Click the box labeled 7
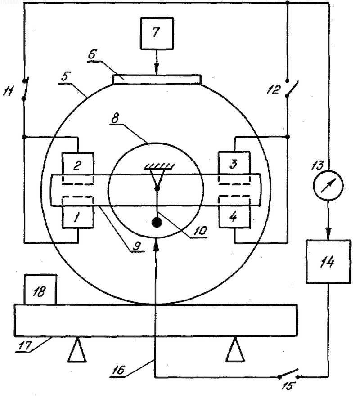tap(157, 33)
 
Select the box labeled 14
tap(328, 261)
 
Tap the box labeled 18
tap(40, 289)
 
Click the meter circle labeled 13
tap(328, 186)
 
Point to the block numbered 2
tap(78, 163)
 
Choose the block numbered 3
tap(234, 163)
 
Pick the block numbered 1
tap(78, 217)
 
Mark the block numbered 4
tap(234, 216)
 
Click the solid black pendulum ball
tap(157, 222)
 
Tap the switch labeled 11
tap(25, 89)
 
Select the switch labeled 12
tap(292, 89)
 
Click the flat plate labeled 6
tap(157, 80)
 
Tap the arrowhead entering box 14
tap(328, 233)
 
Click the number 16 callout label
tap(119, 370)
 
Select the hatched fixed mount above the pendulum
tap(159, 166)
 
